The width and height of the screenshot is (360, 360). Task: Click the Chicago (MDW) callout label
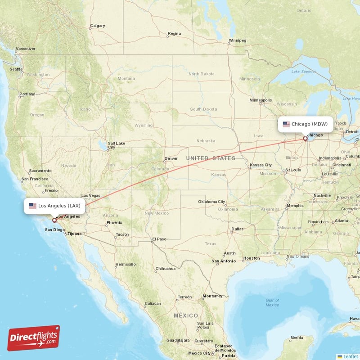click(306, 124)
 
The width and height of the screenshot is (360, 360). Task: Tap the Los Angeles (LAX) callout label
click(54, 206)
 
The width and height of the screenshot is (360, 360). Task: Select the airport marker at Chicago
click(305, 139)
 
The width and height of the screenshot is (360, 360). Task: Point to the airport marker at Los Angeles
click(54, 220)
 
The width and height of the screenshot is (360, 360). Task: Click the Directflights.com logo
click(34, 338)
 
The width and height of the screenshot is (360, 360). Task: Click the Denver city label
click(171, 158)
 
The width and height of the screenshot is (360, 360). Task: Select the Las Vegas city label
click(90, 196)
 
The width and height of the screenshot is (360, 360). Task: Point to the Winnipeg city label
click(238, 40)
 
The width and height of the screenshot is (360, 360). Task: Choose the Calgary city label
click(97, 26)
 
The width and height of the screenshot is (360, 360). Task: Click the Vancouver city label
click(25, 49)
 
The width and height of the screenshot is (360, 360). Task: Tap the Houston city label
click(251, 258)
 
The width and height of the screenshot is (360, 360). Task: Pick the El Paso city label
click(159, 239)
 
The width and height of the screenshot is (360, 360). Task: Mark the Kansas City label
click(261, 165)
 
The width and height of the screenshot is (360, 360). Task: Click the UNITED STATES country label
click(211, 158)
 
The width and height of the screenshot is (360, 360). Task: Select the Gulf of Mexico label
click(272, 302)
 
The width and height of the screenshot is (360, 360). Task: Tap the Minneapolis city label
click(261, 100)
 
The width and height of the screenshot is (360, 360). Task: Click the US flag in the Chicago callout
click(286, 124)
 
